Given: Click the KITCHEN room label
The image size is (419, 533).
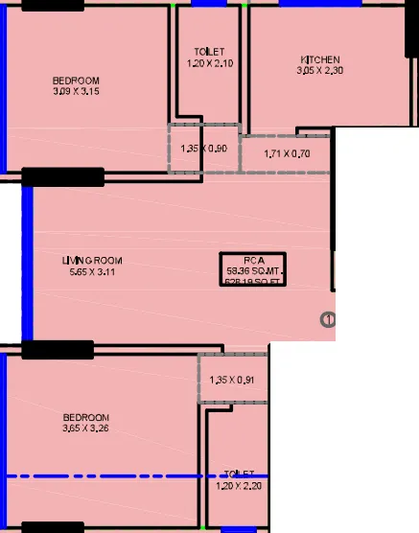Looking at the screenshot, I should click(x=319, y=59).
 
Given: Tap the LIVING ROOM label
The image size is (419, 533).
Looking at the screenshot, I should click(x=92, y=261).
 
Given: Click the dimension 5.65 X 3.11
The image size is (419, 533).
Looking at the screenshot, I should click(x=92, y=273).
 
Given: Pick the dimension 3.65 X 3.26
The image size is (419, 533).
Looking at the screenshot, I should click(x=85, y=429).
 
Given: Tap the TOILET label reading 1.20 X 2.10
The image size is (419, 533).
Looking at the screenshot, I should click(x=208, y=51).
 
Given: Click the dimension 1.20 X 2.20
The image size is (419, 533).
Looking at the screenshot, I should click(x=239, y=486).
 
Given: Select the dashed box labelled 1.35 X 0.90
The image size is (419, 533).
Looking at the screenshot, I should click(x=202, y=148).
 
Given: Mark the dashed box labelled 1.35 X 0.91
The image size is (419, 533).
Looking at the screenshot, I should click(x=231, y=379).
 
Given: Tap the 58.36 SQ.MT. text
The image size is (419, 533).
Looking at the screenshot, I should click(x=253, y=271).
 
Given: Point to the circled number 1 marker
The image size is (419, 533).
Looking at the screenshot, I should click(x=328, y=320).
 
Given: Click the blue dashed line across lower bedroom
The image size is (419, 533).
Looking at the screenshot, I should click(x=134, y=475).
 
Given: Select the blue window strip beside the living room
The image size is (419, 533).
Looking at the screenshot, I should click(x=27, y=263).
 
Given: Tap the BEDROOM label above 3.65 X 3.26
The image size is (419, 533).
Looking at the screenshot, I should click(x=85, y=418).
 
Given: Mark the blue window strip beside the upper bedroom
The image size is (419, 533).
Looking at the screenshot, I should click(x=3, y=86).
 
